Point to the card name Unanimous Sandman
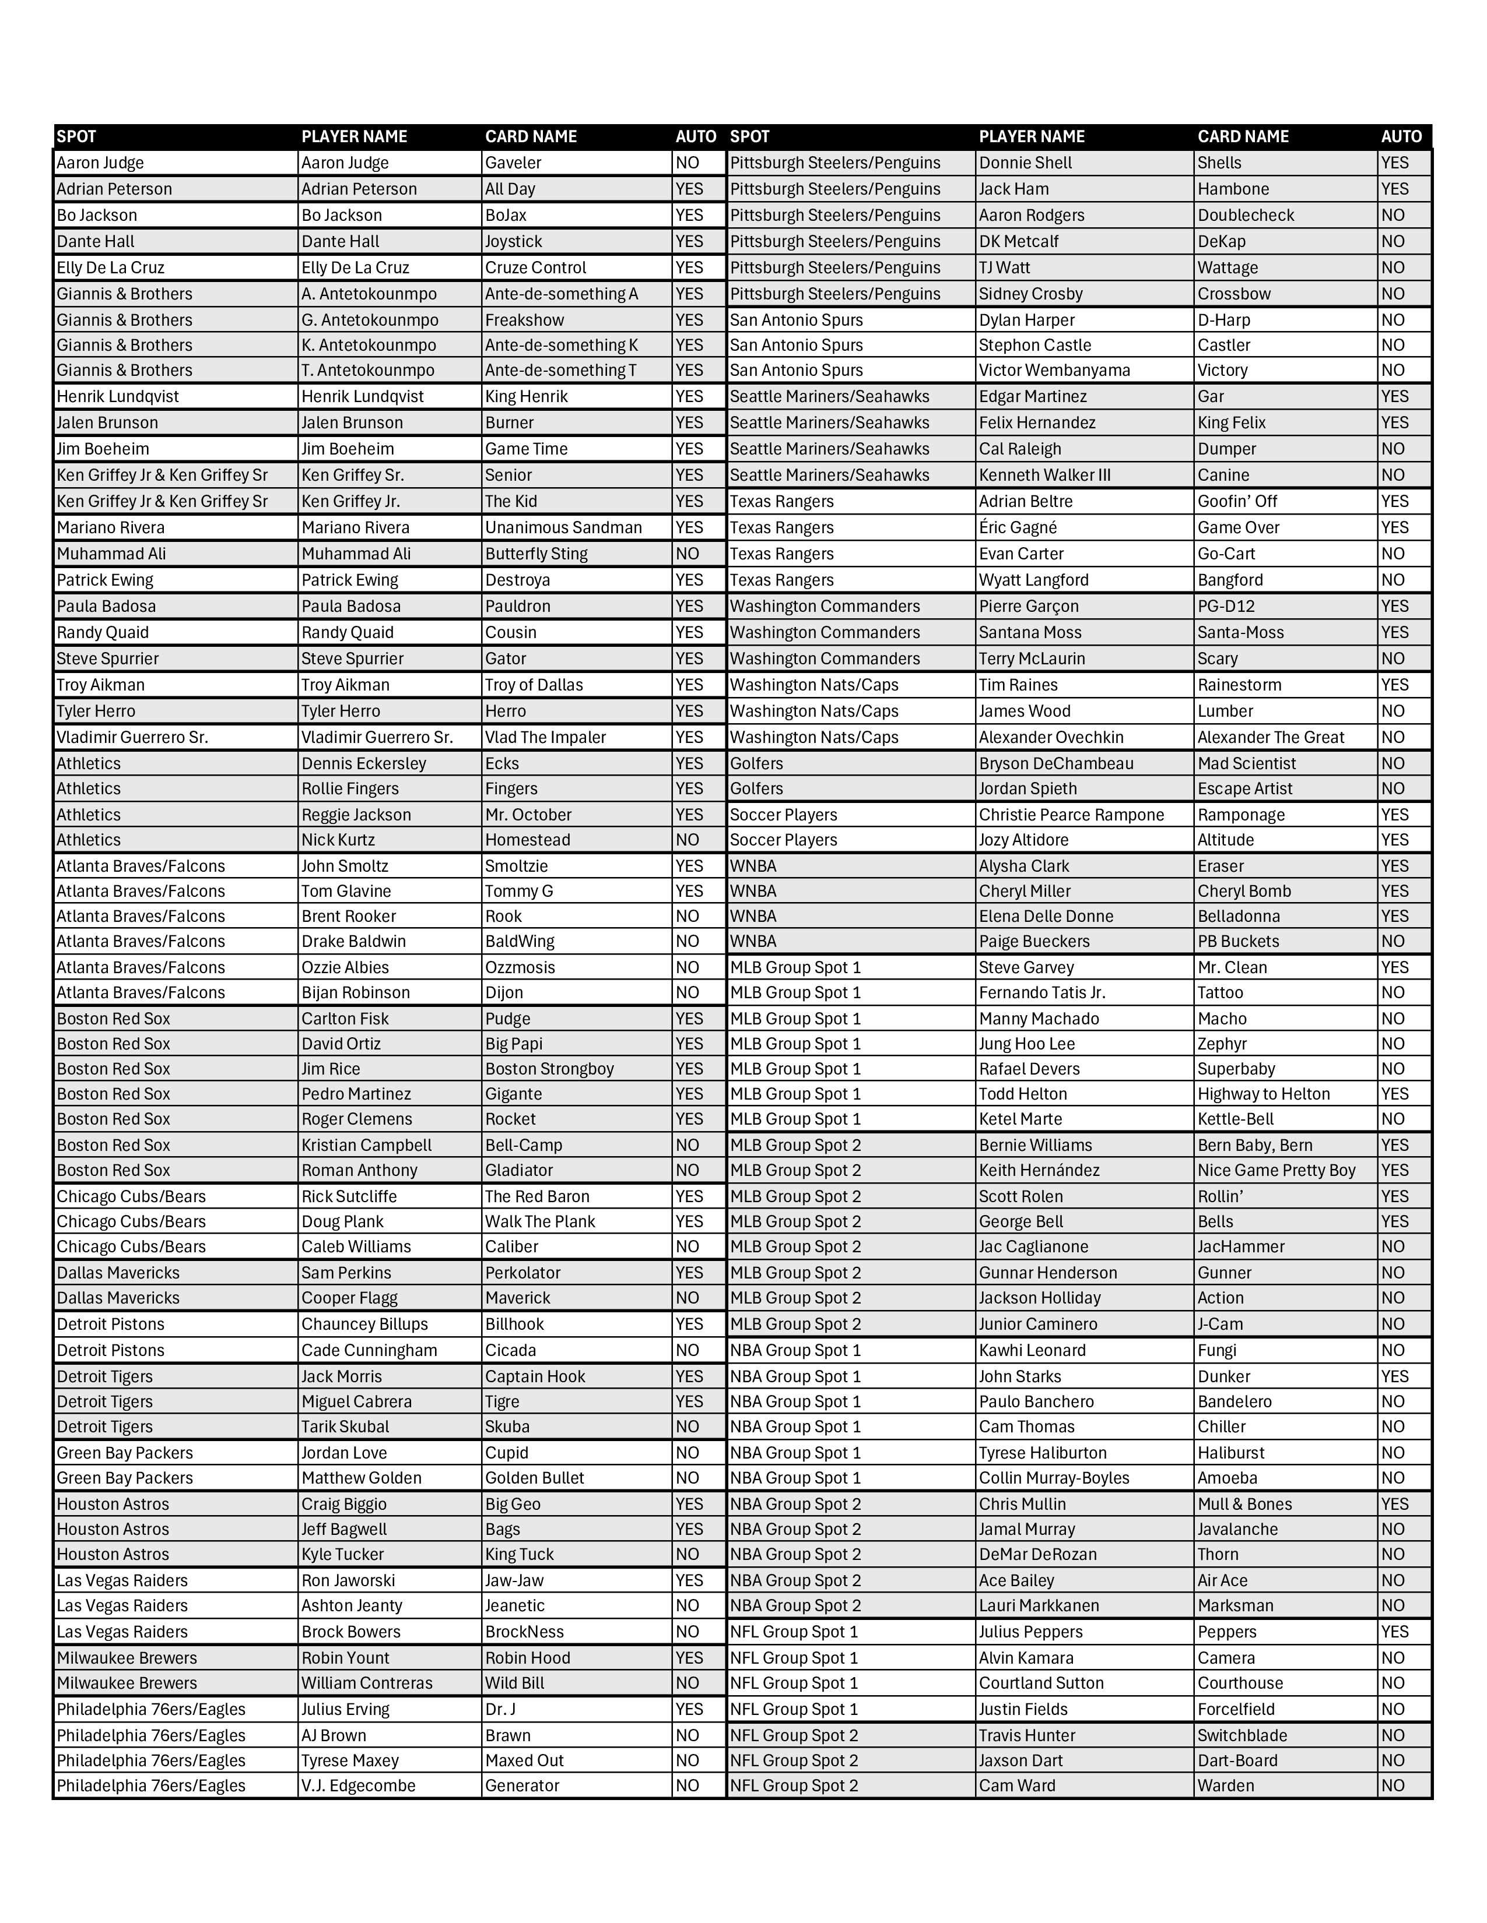563,527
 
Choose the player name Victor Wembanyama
1054,370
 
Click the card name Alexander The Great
1270,737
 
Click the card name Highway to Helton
1263,1094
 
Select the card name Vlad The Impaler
545,737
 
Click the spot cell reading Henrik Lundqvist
117,396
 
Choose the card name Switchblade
1241,1735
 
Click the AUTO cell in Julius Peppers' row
1394,1632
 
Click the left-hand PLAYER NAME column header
354,136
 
